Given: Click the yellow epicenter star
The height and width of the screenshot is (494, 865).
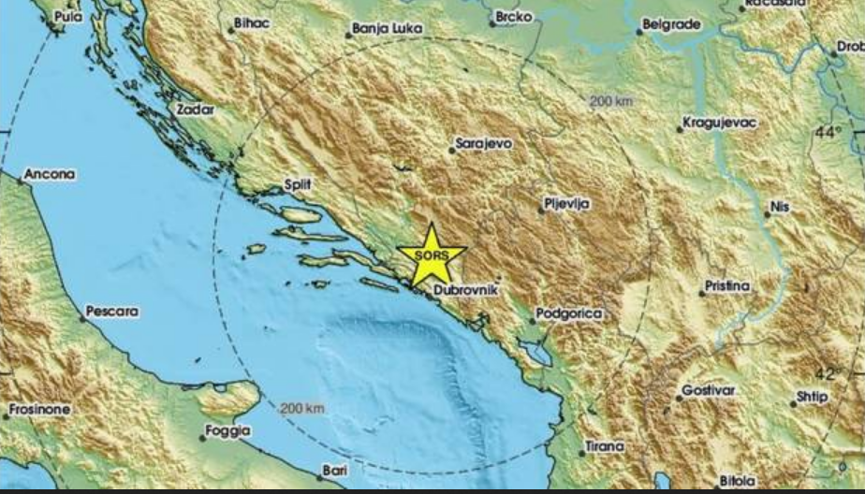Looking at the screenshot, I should click(x=432, y=254).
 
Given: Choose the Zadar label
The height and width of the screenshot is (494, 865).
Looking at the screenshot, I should click(x=195, y=109).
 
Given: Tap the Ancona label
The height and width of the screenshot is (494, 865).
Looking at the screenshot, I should click(x=50, y=174).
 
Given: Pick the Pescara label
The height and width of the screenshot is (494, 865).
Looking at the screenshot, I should click(x=111, y=311).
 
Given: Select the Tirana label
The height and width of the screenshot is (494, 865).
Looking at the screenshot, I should click(x=604, y=447).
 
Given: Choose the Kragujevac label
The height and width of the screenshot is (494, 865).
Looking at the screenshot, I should click(x=719, y=123).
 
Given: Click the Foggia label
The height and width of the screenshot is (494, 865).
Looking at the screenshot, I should click(x=229, y=431).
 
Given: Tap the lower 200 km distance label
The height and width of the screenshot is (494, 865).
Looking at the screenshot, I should click(x=302, y=408).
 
